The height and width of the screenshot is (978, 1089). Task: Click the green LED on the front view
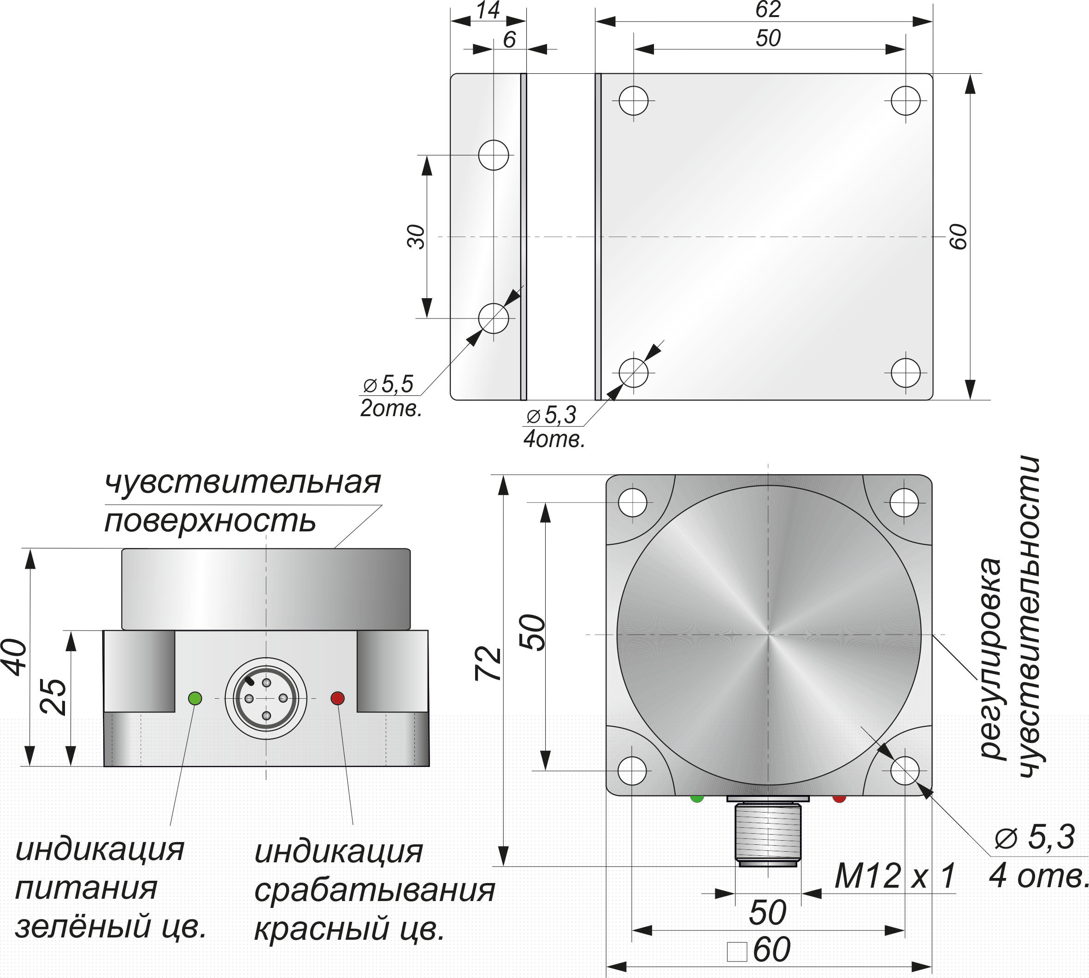(x=195, y=698)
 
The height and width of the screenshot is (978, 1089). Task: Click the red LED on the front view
(x=337, y=698)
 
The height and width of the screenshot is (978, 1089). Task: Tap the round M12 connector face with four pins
(x=266, y=698)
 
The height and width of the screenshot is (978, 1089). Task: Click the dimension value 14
(x=488, y=10)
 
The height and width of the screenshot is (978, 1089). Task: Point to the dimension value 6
(x=509, y=39)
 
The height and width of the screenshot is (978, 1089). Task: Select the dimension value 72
(x=488, y=664)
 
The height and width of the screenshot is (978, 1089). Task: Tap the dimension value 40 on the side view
(x=16, y=657)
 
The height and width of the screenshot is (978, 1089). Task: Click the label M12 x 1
(x=895, y=877)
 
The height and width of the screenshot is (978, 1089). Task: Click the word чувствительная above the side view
(x=242, y=482)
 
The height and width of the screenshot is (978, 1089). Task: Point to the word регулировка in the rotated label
(x=992, y=658)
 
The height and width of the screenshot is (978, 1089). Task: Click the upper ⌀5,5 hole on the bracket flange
(x=493, y=155)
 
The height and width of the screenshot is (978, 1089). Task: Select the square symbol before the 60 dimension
(x=736, y=951)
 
